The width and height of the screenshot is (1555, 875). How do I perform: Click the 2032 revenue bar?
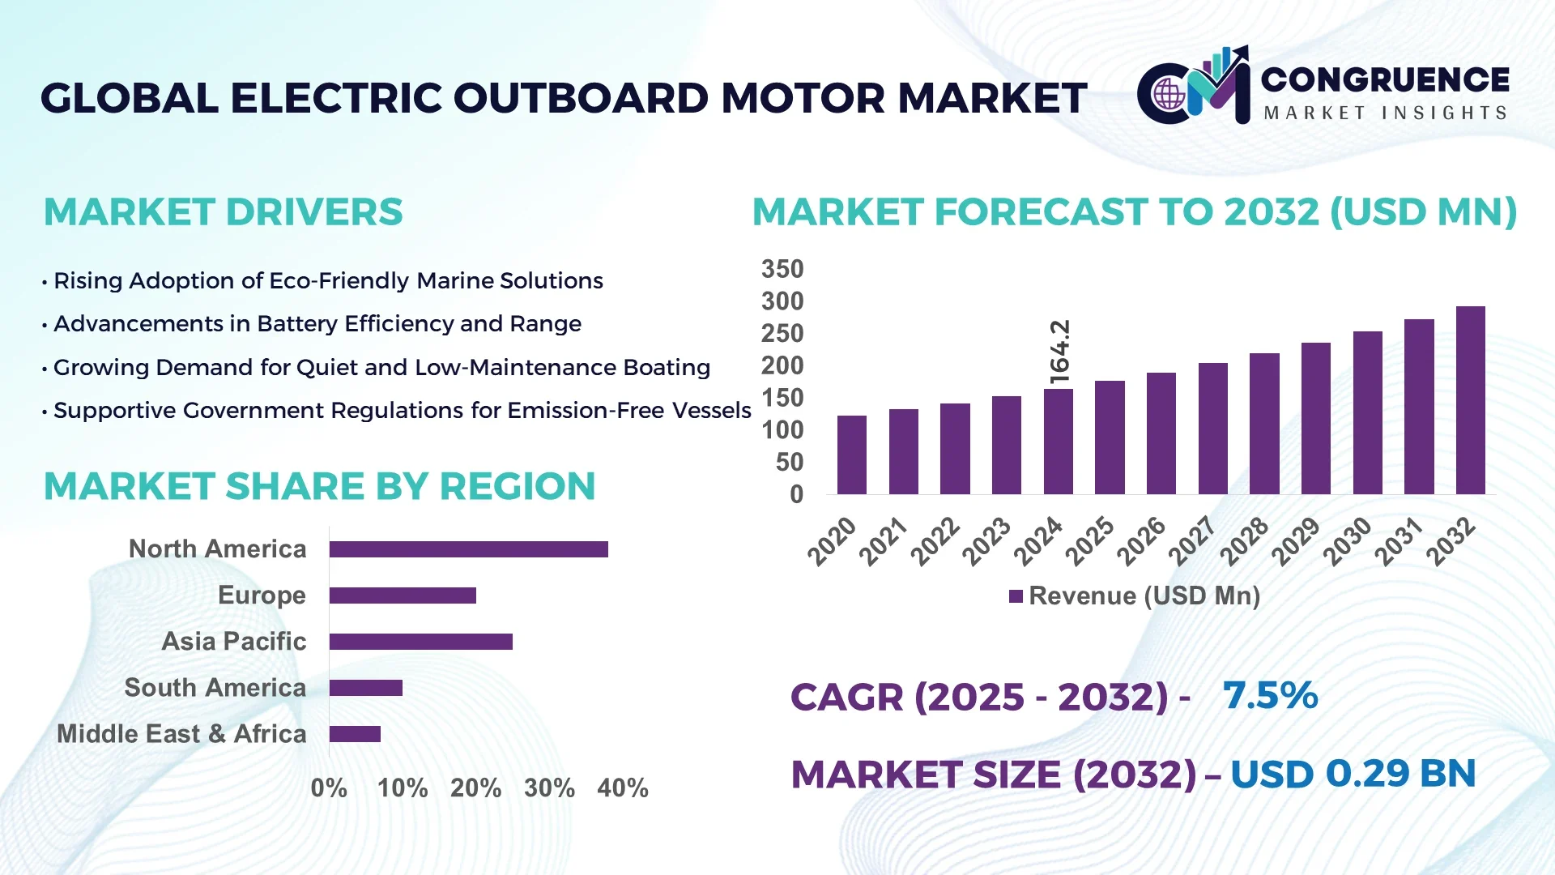pyautogui.click(x=1470, y=400)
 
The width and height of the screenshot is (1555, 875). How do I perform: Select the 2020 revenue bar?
pyautogui.click(x=851, y=455)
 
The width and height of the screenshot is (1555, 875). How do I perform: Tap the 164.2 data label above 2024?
pyautogui.click(x=1059, y=352)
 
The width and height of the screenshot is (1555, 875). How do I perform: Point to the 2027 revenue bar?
pyautogui.click(x=1212, y=429)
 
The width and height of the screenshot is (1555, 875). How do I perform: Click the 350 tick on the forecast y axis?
pyautogui.click(x=782, y=269)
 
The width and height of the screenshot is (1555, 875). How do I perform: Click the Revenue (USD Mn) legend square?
pyautogui.click(x=1016, y=596)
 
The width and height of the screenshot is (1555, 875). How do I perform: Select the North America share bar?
pyautogui.click(x=468, y=549)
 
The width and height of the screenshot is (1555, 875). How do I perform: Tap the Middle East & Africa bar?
pyautogui.click(x=355, y=734)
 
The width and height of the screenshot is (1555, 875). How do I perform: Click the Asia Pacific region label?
pyautogui.click(x=233, y=641)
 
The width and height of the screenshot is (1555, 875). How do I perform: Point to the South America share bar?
pyautogui.click(x=365, y=688)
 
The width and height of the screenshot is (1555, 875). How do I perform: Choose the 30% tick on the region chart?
pyautogui.click(x=549, y=787)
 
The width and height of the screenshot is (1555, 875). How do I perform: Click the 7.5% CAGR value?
pyautogui.click(x=1270, y=695)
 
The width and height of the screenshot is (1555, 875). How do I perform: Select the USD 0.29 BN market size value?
pyautogui.click(x=1353, y=774)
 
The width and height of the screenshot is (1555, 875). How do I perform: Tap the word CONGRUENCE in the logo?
pyautogui.click(x=1385, y=79)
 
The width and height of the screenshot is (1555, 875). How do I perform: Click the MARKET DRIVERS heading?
pyautogui.click(x=223, y=212)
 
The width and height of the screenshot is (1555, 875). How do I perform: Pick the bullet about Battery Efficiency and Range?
pyautogui.click(x=317, y=324)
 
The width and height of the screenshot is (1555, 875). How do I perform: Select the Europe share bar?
pyautogui.click(x=403, y=595)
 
